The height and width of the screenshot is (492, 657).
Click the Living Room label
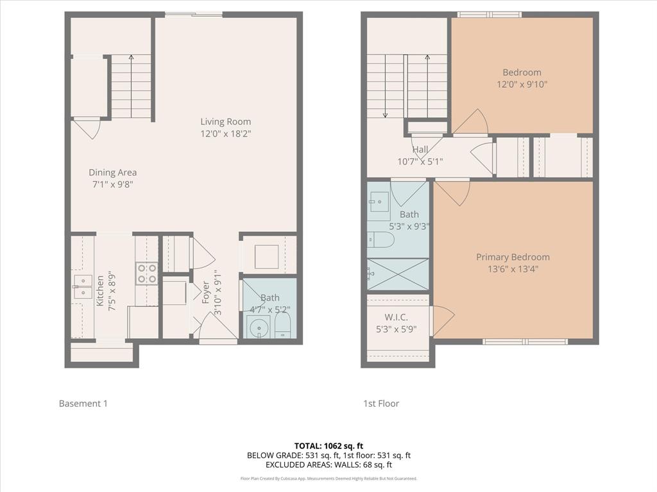click(225, 122)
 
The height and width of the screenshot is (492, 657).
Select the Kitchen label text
click(100, 291)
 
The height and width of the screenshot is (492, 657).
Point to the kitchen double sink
click(82, 286)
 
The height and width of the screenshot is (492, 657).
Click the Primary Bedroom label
click(513, 257)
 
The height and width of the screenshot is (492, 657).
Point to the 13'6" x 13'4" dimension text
click(513, 269)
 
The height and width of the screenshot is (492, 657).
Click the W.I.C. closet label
click(396, 317)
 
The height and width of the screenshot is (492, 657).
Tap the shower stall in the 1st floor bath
click(398, 274)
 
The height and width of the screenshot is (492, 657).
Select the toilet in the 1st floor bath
click(379, 240)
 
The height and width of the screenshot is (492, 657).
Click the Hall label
click(420, 149)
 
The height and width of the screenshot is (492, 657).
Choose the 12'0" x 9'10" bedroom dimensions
click(522, 84)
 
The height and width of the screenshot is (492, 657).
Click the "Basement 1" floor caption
click(83, 404)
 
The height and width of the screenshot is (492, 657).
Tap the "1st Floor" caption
click(381, 404)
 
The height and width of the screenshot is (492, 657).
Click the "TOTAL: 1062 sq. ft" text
click(328, 446)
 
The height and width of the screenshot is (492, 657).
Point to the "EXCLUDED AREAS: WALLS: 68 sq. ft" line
click(328, 465)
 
